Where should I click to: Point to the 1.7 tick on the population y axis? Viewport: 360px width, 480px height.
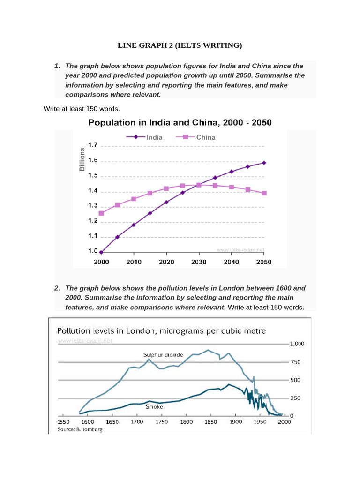(x=92, y=145)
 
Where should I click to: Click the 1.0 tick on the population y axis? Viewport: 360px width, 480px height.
(x=92, y=251)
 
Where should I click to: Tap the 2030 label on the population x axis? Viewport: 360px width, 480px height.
(x=199, y=262)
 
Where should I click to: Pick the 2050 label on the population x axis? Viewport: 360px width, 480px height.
(x=264, y=262)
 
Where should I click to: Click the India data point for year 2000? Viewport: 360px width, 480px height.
(x=101, y=252)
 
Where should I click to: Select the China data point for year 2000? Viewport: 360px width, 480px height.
(x=101, y=213)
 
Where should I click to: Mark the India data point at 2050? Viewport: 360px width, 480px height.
(x=264, y=163)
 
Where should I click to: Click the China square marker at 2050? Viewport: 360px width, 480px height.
(x=264, y=193)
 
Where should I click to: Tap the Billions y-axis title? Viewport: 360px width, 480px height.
(x=82, y=159)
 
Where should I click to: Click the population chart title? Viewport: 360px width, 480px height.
(x=180, y=123)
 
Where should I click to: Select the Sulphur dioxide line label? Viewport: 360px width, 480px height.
(x=164, y=354)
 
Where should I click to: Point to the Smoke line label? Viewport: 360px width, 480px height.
(x=154, y=407)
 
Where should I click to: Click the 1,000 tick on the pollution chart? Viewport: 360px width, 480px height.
(x=298, y=344)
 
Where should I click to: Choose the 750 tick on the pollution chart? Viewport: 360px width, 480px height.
(x=296, y=362)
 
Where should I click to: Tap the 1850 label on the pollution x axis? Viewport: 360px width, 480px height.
(x=210, y=422)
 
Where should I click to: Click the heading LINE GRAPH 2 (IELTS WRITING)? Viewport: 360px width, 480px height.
(x=180, y=45)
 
